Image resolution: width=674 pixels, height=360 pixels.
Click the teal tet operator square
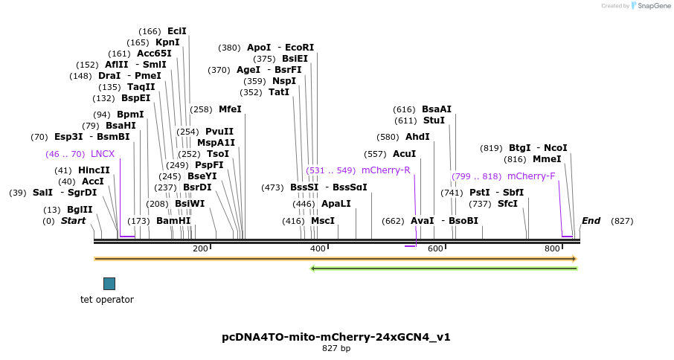tap(109, 283)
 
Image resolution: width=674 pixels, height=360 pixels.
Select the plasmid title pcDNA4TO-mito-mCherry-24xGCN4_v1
tap(336, 337)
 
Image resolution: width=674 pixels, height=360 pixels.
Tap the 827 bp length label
tap(336, 348)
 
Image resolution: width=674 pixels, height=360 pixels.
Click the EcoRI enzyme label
tap(300, 48)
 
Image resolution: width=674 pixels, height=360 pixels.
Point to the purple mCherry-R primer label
tap(385, 170)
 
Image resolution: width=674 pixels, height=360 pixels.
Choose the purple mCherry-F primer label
tap(531, 176)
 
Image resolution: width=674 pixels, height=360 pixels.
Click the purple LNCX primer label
tap(103, 154)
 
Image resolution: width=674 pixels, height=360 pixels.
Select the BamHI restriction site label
tap(173, 221)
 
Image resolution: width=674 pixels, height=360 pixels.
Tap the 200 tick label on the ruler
tap(200, 248)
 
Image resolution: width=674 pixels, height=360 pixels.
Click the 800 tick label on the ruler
tap(552, 248)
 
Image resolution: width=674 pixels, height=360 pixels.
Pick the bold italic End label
tap(591, 221)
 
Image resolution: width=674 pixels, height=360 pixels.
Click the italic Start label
tap(74, 221)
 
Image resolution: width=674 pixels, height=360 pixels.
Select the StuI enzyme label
tap(434, 120)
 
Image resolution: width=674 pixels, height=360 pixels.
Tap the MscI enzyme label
tap(323, 221)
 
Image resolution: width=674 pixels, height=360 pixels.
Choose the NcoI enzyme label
tap(556, 148)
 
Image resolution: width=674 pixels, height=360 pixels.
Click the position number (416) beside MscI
tap(293, 221)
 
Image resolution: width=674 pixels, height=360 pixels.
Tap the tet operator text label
tap(107, 300)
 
